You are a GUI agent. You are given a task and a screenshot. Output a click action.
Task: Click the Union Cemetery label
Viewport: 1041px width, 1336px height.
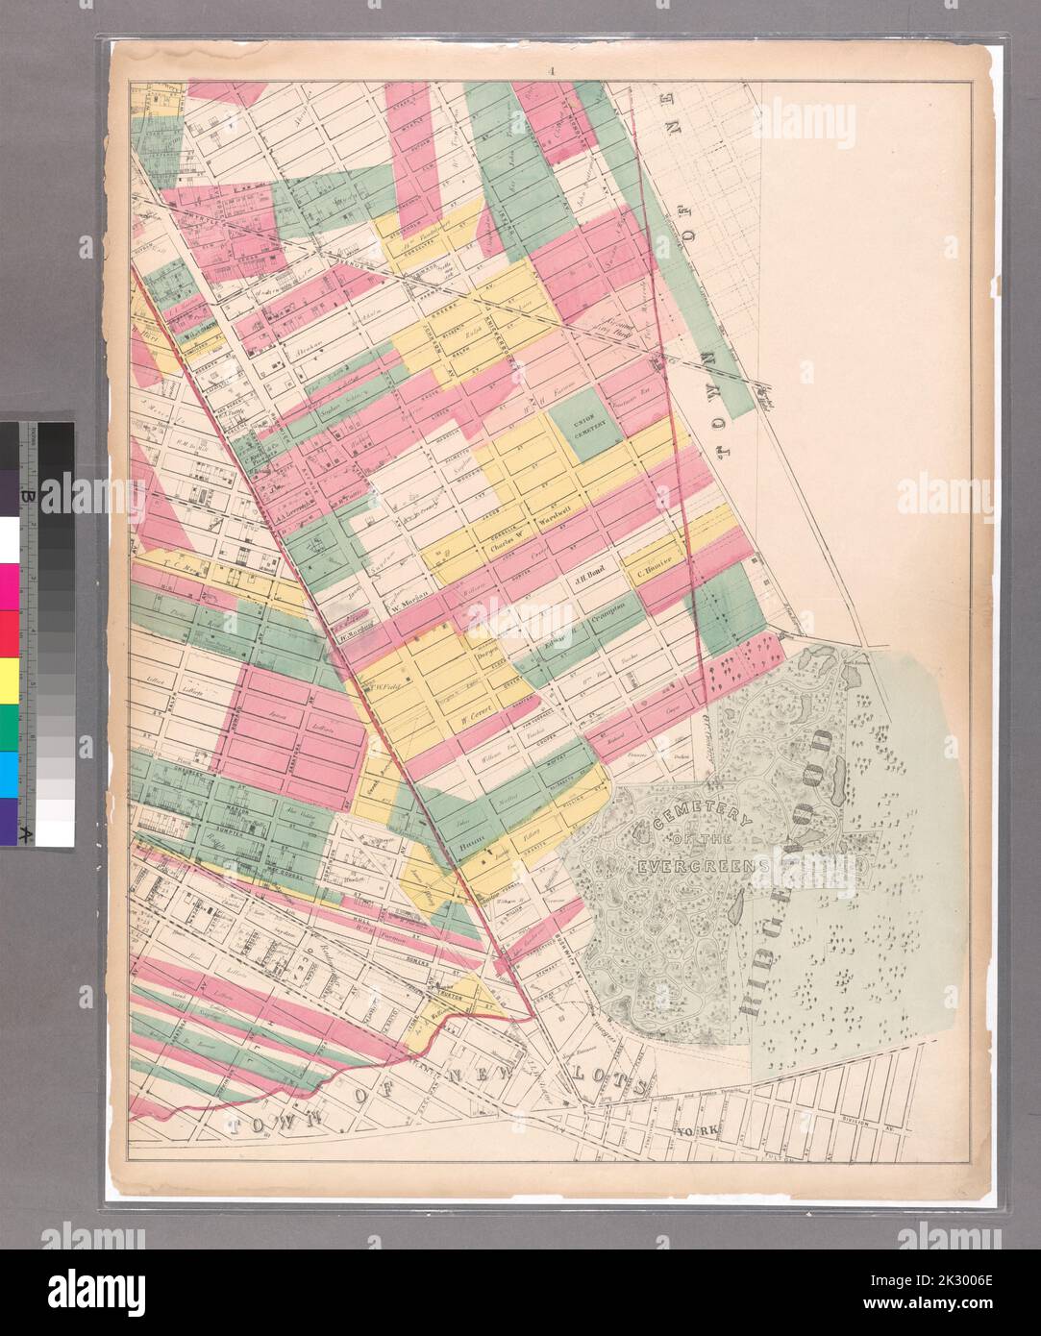[x=585, y=425]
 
